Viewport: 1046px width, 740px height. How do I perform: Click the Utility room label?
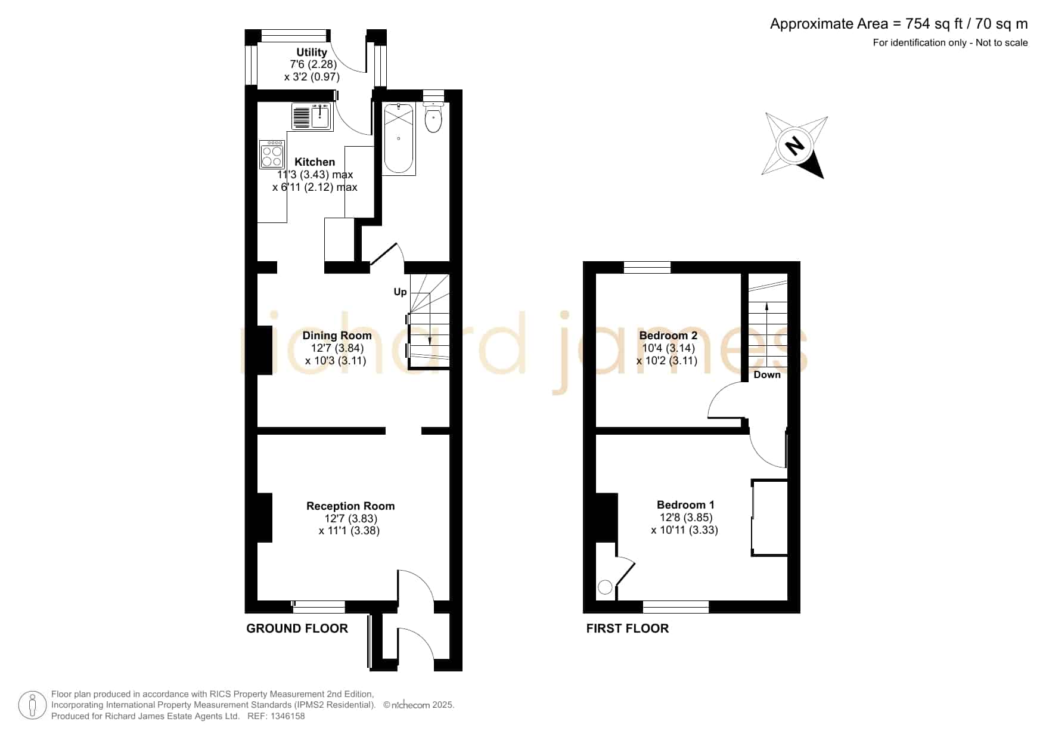click(312, 52)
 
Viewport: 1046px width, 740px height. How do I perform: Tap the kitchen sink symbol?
click(312, 116)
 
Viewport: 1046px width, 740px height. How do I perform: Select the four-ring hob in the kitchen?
click(272, 154)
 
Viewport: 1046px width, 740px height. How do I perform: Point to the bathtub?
click(399, 139)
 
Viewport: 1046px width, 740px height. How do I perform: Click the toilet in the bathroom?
click(433, 117)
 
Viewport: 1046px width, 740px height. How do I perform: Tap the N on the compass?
click(794, 145)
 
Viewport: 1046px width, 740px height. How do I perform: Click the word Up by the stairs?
click(400, 292)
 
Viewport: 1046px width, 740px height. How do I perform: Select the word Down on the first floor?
click(767, 374)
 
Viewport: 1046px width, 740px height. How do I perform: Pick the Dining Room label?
click(337, 336)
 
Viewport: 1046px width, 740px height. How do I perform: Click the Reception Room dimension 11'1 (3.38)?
click(349, 531)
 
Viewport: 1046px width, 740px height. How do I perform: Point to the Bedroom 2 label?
click(668, 336)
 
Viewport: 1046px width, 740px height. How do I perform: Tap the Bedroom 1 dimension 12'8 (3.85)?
click(686, 518)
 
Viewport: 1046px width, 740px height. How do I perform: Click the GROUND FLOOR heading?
click(297, 628)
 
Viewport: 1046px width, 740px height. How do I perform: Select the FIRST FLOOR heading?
click(628, 628)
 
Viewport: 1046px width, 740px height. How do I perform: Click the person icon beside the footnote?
click(32, 705)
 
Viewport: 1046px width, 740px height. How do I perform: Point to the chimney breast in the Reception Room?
click(265, 518)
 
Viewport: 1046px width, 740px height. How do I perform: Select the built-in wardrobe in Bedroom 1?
click(769, 518)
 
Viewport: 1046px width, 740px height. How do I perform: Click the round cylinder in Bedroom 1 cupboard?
click(605, 587)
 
